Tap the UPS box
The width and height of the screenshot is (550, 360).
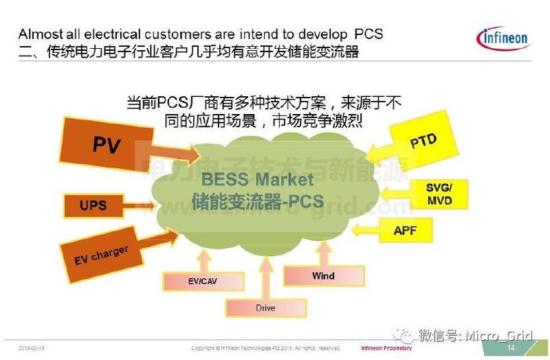coord(93,204)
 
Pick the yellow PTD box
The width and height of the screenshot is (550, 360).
coord(423,141)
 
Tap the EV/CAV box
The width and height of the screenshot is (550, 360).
coord(203,280)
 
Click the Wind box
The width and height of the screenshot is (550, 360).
coord(322,276)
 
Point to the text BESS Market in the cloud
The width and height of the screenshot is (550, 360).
coord(257,180)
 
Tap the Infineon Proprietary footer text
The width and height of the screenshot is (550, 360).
coord(386,348)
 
